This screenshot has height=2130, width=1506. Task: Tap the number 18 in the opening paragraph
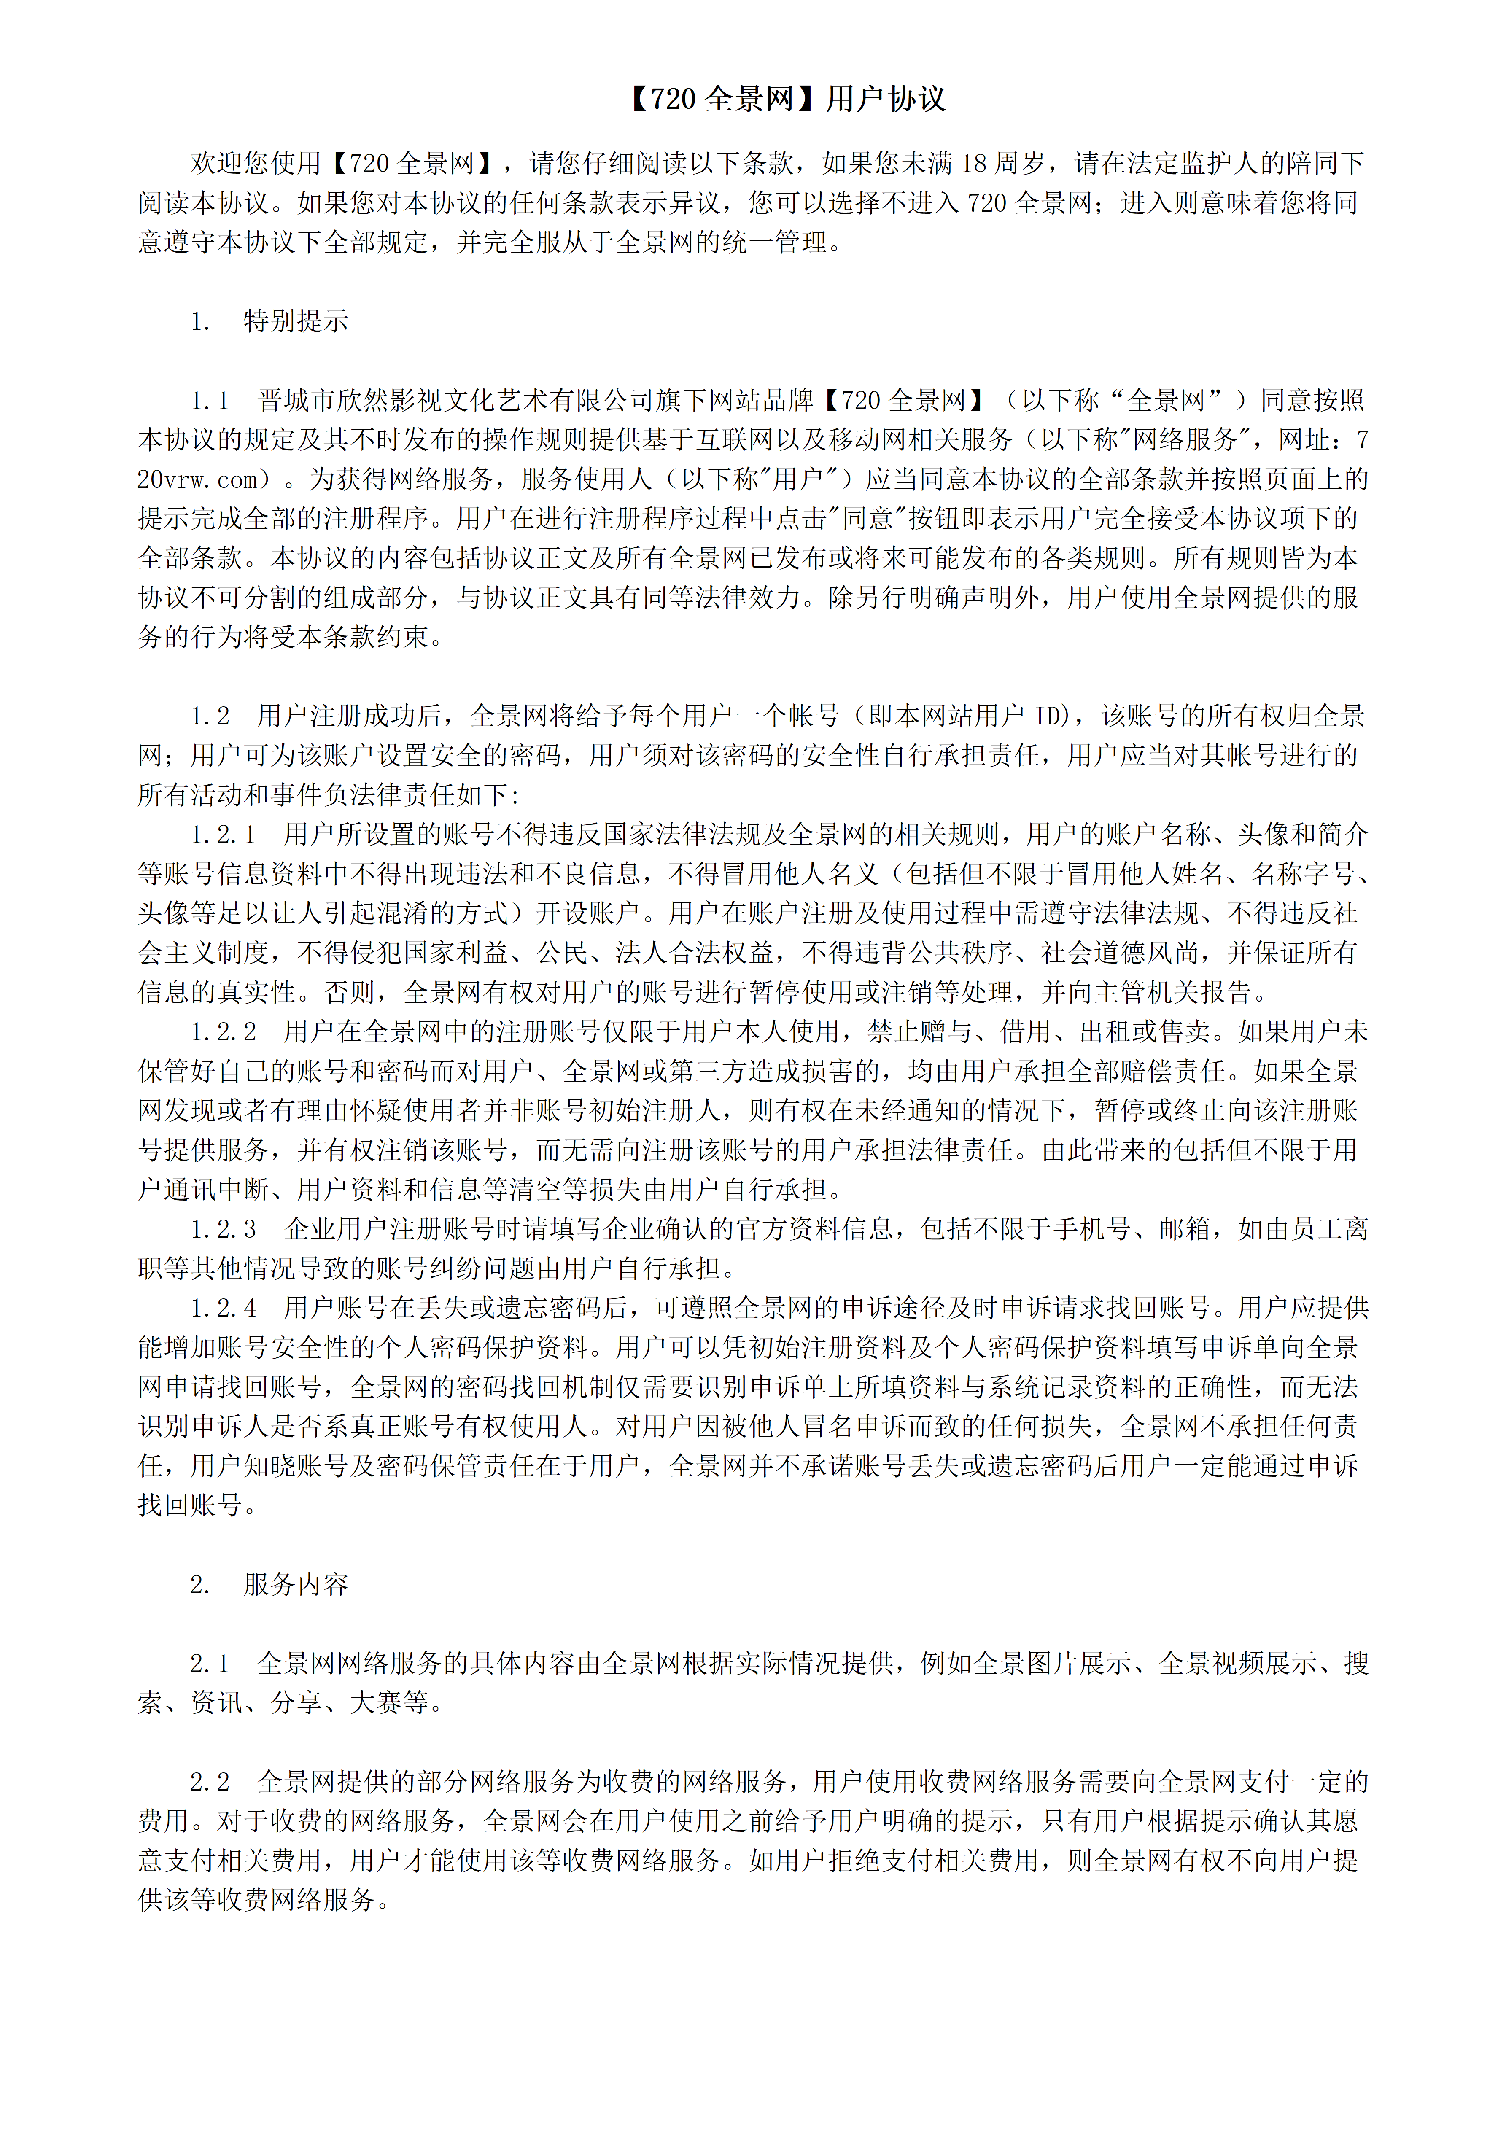tap(973, 163)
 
